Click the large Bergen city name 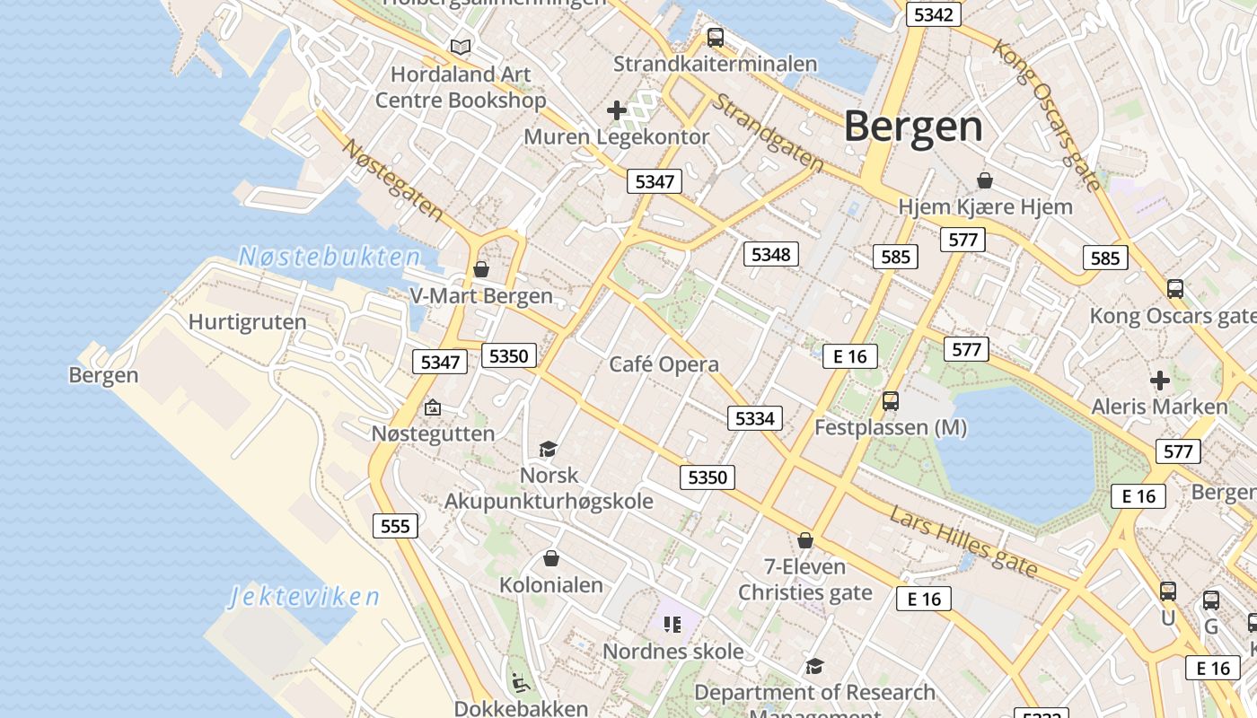(913, 127)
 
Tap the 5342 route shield (934, 14)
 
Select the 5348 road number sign (770, 254)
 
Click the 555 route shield (395, 526)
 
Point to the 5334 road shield (754, 418)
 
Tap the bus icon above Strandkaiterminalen (715, 38)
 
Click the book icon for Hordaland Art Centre (461, 47)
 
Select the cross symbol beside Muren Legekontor (616, 110)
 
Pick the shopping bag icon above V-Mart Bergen (481, 269)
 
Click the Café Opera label (664, 364)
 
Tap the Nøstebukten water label (330, 258)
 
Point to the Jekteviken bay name (303, 597)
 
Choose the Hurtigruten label (247, 322)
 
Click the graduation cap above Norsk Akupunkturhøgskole (548, 448)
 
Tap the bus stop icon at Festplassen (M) (890, 401)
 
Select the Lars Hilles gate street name (963, 541)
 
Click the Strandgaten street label (769, 133)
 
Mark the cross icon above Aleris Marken (1159, 381)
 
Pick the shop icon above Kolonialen (551, 559)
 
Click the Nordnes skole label (672, 652)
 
